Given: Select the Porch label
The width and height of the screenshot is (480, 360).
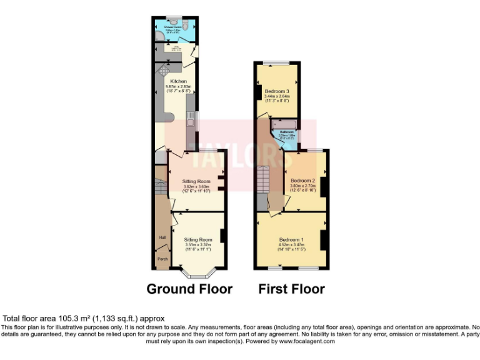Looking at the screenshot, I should coord(162,259).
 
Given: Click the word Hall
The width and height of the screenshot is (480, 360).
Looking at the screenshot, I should coord(162,237).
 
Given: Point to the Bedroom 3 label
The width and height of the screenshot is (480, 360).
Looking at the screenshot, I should coord(276,91).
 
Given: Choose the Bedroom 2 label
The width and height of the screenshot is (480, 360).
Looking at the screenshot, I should coord(303,181).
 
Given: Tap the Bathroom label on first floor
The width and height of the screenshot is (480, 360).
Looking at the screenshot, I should coord(287,132).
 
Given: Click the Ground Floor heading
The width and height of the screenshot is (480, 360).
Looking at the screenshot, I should coord(189,289).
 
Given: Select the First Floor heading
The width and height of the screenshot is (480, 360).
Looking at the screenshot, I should coord(292,289).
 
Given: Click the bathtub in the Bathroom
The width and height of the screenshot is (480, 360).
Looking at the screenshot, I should coord(284,126).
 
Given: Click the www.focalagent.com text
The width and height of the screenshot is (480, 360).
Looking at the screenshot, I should coord(307,341).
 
